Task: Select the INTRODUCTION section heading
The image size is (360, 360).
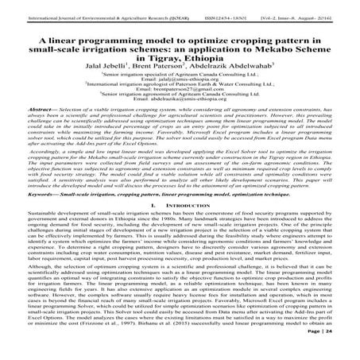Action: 188,250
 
